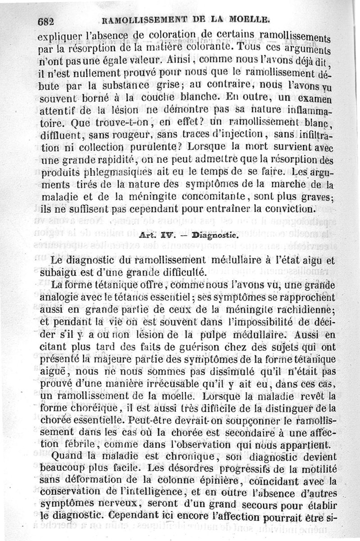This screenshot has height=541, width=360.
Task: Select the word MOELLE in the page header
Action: click(x=248, y=19)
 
